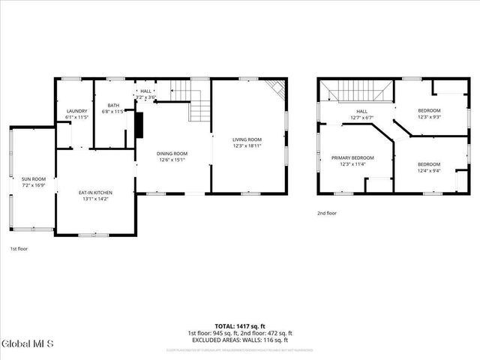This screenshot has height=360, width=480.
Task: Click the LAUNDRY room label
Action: [x=77, y=111]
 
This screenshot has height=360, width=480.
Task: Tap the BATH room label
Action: [x=113, y=106]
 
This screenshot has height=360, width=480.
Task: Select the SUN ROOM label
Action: [x=33, y=178]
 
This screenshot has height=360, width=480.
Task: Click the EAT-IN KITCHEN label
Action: [x=94, y=193]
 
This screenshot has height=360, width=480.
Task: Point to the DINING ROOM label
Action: [x=172, y=153]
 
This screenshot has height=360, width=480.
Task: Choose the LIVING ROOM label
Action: [x=246, y=139]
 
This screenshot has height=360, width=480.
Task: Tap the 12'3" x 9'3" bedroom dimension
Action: [x=429, y=117]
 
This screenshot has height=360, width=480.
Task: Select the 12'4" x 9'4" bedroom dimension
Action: [x=429, y=170]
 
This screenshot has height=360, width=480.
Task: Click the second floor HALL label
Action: [x=361, y=111]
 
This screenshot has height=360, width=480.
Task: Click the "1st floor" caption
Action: [x=19, y=248]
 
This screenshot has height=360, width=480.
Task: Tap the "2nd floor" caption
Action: [x=327, y=212]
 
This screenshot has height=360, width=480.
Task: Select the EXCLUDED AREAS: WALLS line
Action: [x=240, y=340]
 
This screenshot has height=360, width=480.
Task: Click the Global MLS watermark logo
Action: [x=28, y=344]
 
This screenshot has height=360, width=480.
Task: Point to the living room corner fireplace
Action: [x=277, y=88]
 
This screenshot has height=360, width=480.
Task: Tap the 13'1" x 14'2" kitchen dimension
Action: [x=94, y=199]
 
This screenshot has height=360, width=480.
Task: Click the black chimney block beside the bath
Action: [x=139, y=125]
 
